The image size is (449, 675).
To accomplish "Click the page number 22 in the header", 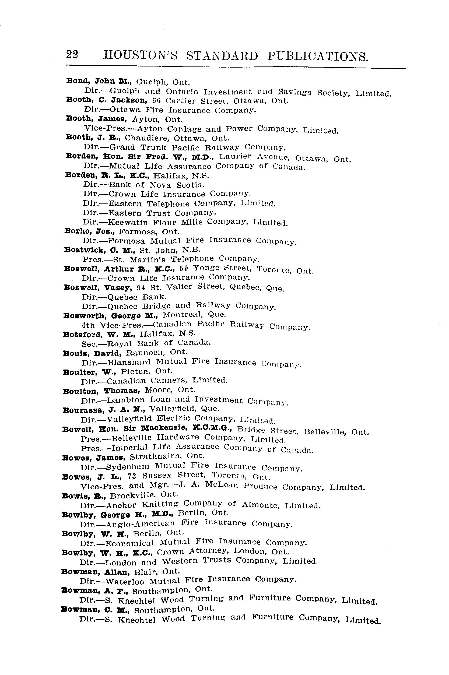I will [72, 54].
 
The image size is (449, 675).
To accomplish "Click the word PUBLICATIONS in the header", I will [318, 57].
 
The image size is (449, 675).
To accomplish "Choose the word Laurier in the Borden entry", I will [235, 157].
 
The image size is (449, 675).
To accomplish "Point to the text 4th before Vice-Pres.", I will [88, 325].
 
